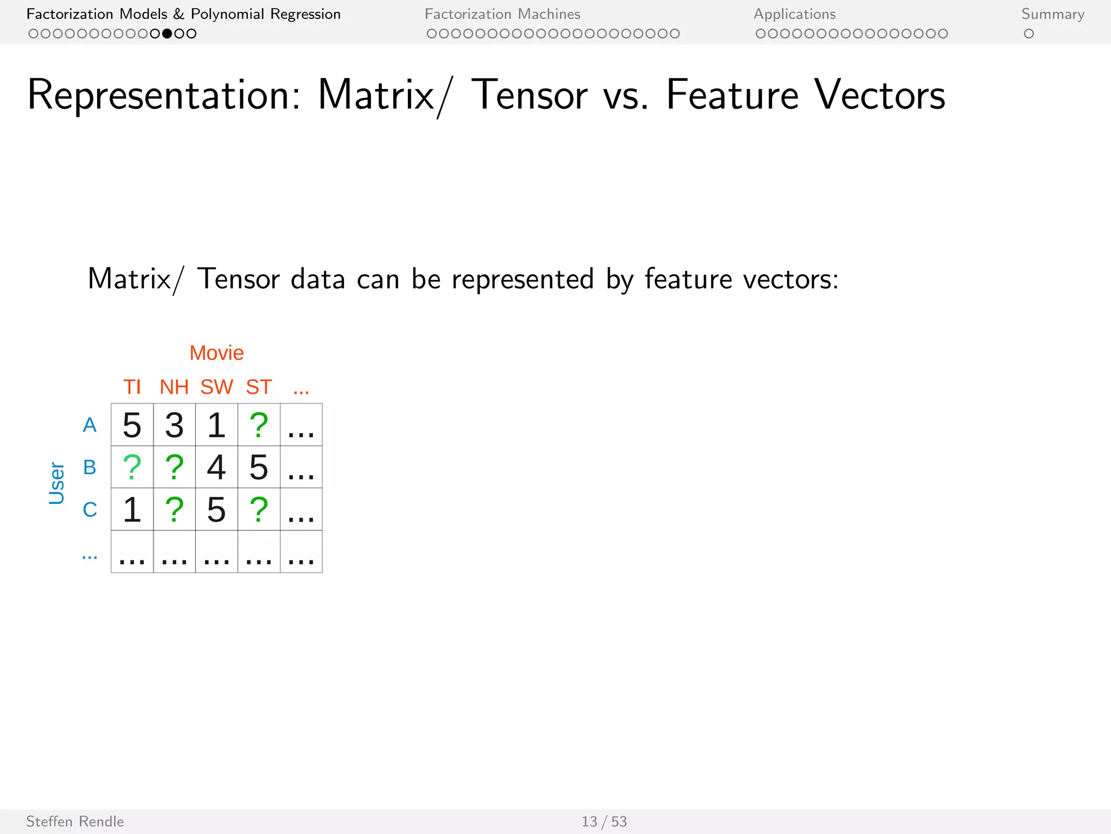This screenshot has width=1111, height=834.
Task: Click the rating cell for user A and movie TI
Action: [x=132, y=425]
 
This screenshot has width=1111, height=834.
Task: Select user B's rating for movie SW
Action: [x=216, y=467]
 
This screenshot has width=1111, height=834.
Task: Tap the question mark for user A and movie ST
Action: [x=259, y=425]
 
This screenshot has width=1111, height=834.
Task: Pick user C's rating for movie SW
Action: [x=216, y=509]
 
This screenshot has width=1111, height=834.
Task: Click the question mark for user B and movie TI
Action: [x=132, y=467]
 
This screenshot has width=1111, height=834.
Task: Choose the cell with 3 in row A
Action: [x=174, y=425]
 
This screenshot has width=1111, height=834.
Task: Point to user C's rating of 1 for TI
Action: [x=132, y=509]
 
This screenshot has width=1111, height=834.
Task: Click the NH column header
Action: [x=174, y=387]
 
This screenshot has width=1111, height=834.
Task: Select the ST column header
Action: [x=259, y=387]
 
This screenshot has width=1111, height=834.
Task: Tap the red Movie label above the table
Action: [x=216, y=353]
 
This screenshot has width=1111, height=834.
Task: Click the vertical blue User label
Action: [x=56, y=483]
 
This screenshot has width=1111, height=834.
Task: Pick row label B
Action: [x=90, y=467]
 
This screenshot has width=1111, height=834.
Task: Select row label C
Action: [x=90, y=509]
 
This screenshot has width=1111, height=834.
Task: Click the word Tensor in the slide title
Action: [x=529, y=95]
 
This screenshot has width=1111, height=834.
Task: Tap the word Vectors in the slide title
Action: [x=879, y=95]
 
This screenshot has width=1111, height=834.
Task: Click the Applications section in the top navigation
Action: [x=794, y=14]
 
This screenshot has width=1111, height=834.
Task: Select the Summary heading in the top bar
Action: [x=1052, y=14]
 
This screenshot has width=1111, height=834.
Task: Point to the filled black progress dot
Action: [x=167, y=34]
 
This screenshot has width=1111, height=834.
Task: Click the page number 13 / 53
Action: [x=604, y=822]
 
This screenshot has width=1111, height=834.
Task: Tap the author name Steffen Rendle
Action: [x=75, y=822]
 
